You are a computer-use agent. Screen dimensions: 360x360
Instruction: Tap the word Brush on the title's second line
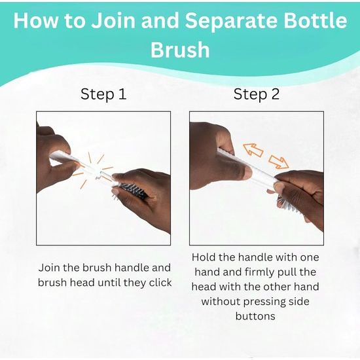[180, 50]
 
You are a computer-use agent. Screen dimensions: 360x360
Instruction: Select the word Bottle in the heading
[315, 20]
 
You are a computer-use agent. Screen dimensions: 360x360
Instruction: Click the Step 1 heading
[103, 94]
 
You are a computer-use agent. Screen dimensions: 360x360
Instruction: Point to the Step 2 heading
[257, 94]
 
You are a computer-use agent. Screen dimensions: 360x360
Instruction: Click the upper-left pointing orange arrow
[253, 150]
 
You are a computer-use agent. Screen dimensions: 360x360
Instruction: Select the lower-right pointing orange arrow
[278, 162]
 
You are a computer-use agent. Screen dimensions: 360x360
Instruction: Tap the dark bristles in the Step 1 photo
[134, 190]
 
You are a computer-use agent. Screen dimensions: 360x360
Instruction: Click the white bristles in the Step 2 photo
[287, 205]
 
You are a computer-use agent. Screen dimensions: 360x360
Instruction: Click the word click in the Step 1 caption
[160, 282]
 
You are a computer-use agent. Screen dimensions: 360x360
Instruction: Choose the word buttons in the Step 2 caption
[255, 316]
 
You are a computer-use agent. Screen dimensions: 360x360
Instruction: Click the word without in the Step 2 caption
[221, 301]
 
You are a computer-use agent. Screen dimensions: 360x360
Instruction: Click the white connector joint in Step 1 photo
[99, 175]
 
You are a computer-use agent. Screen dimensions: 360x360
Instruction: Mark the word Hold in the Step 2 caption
[204, 257]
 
